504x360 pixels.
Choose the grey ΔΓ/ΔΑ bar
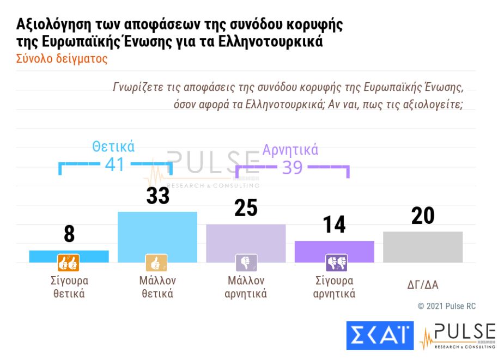[422, 247]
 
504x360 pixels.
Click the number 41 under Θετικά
[114, 164]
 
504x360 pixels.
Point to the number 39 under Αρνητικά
[292, 168]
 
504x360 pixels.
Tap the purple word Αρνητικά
[290, 150]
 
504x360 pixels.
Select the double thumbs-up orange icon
[69, 263]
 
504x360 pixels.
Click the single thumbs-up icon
[156, 263]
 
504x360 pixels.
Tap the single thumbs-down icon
[246, 263]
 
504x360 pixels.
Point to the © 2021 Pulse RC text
[446, 306]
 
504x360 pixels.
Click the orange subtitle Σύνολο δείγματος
[62, 59]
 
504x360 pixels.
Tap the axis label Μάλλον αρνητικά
[246, 287]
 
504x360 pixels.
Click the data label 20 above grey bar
[423, 216]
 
